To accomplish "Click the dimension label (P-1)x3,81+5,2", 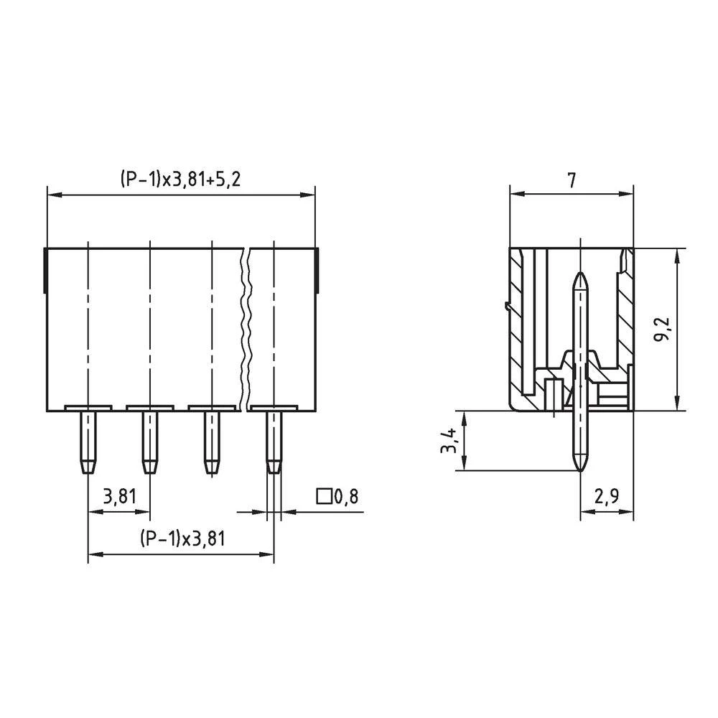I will pos(180,179).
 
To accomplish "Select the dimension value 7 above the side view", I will pos(571,180).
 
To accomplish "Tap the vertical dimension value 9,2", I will pos(663,330).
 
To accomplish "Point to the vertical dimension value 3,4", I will pos(449,440).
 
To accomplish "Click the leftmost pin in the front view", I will pos(88,441).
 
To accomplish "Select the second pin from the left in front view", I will pos(149,441).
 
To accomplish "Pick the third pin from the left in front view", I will pos(211,441).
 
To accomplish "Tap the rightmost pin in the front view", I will pos(274,441).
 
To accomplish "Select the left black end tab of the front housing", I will pos(47,270).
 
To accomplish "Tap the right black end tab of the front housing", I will pos(316,270).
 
